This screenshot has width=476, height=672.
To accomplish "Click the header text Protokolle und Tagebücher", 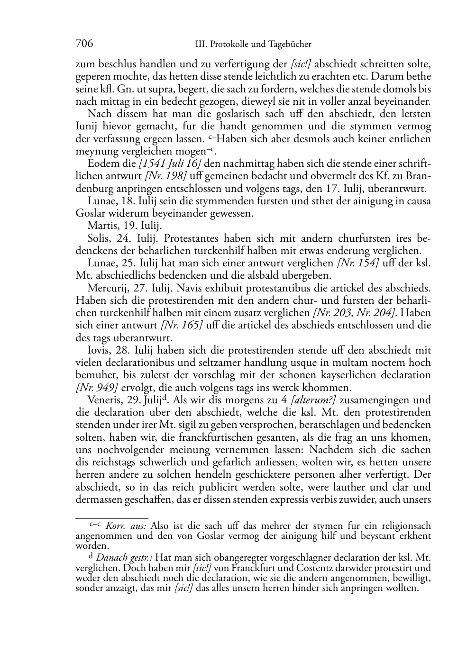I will coord(260,45).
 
